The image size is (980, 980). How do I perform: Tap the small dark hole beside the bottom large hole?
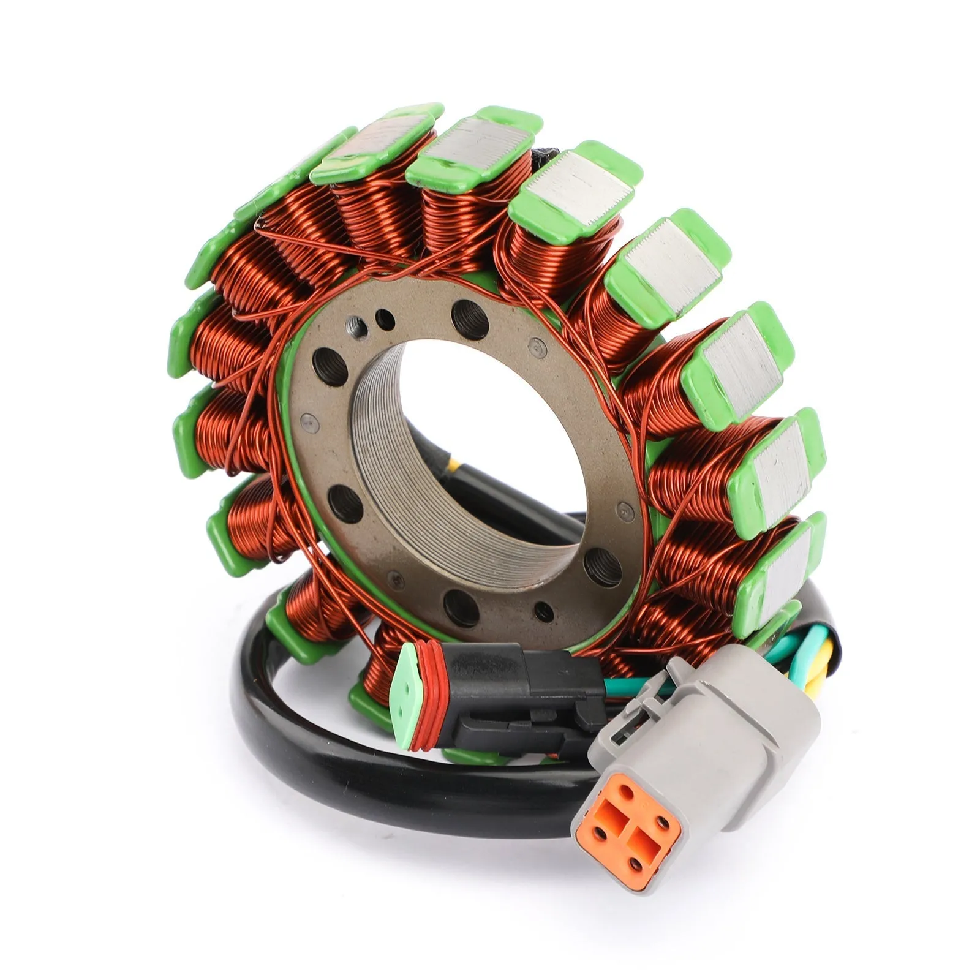pyautogui.click(x=543, y=609)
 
